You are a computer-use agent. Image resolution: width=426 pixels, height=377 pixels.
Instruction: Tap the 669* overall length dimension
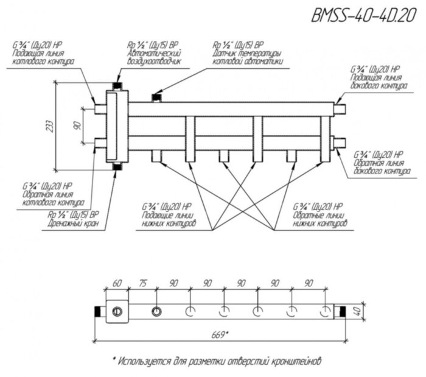221,334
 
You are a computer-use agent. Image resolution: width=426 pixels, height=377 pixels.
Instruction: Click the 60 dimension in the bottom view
117,284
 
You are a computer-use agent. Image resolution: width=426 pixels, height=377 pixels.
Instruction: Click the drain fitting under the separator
116,167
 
